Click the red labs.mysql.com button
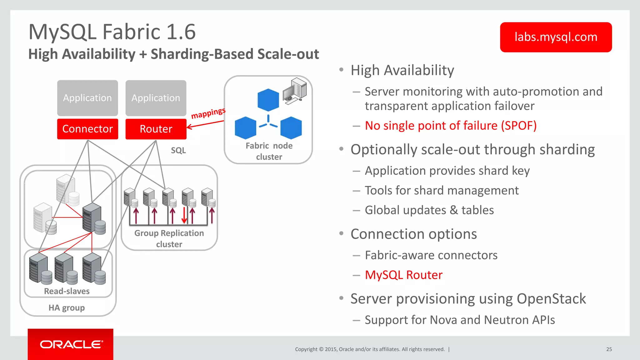(x=556, y=37)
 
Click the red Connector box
(x=87, y=129)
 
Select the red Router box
(x=156, y=129)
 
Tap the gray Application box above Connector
(x=87, y=98)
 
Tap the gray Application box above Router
(x=156, y=98)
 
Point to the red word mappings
(x=208, y=113)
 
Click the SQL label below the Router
(x=178, y=150)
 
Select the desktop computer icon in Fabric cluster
(x=295, y=91)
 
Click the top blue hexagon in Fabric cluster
(x=268, y=100)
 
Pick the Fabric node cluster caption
(x=269, y=151)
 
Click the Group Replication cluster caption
(x=169, y=238)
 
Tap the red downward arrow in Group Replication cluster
(x=184, y=216)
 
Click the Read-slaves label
(x=67, y=291)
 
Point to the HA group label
(x=67, y=308)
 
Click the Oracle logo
(x=71, y=344)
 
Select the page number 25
(x=609, y=349)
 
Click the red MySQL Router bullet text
(x=403, y=275)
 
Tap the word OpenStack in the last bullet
(x=551, y=299)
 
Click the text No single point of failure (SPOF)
(x=451, y=126)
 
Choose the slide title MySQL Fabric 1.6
(x=112, y=32)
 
